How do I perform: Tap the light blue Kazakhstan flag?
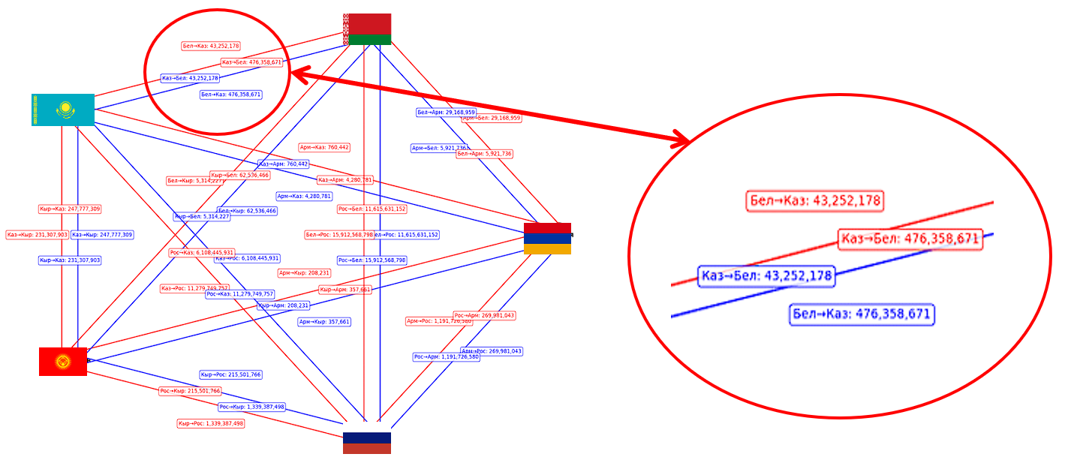63,110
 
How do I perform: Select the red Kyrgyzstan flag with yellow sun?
63,362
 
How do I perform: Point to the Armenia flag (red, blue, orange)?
547,239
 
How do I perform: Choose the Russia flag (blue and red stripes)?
367,443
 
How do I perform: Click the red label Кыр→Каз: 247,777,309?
70,209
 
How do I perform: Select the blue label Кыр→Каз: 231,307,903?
70,260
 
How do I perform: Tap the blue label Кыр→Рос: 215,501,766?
231,374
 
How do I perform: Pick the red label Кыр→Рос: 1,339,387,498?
211,424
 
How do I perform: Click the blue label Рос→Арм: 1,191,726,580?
446,357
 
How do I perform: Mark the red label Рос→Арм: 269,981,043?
484,316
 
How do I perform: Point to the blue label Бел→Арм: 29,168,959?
447,113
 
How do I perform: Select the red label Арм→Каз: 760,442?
325,148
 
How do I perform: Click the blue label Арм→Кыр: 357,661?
324,322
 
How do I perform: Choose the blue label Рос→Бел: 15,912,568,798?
372,260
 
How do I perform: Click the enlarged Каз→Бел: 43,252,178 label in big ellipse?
766,276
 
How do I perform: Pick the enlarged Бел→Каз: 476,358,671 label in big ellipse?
862,314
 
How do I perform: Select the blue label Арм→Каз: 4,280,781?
304,197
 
